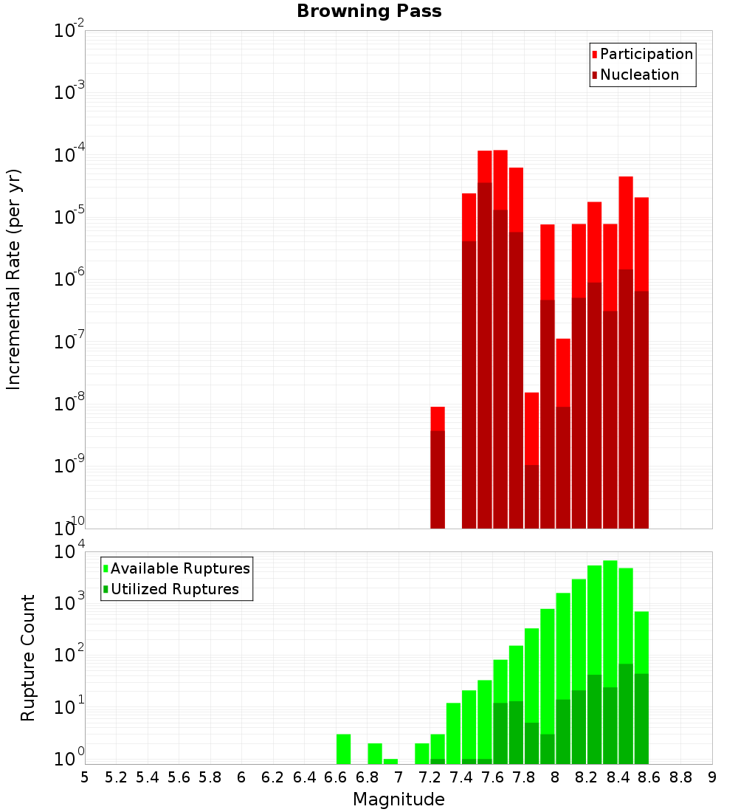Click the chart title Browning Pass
[369, 11]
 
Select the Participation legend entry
[646, 54]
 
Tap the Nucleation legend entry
[638, 75]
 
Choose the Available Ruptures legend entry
[179, 568]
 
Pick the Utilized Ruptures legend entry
[174, 589]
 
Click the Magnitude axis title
[399, 799]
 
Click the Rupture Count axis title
[28, 658]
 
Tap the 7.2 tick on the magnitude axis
[430, 777]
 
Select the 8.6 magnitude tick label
[649, 777]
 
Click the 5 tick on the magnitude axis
[85, 777]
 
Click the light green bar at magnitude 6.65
[343, 749]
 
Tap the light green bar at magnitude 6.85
[375, 754]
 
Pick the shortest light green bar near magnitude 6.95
[390, 761]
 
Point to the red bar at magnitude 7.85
[531, 428]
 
